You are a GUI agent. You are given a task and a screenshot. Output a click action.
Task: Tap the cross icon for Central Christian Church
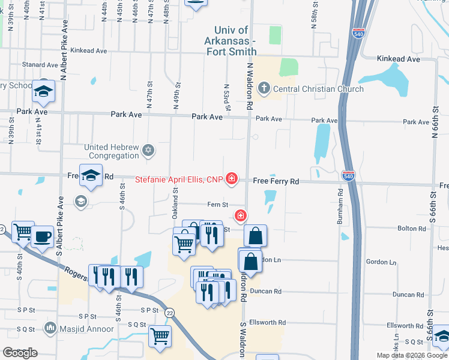click(263, 89)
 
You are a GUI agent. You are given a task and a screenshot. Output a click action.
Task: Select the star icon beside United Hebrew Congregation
click(148, 151)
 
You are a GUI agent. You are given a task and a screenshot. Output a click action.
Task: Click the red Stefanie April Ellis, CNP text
click(178, 179)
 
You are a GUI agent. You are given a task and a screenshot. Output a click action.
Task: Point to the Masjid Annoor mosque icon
click(50, 328)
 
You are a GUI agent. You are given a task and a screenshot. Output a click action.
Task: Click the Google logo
click(20, 353)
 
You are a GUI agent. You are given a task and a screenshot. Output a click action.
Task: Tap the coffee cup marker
click(42, 236)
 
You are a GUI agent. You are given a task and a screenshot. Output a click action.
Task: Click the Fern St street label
click(217, 205)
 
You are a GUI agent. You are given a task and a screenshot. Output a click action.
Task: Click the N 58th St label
click(315, 19)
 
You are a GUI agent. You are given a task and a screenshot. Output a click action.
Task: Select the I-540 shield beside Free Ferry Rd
click(348, 175)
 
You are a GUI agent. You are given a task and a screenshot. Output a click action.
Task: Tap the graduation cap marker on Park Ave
click(43, 92)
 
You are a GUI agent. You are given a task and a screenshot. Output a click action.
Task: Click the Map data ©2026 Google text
click(412, 355)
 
